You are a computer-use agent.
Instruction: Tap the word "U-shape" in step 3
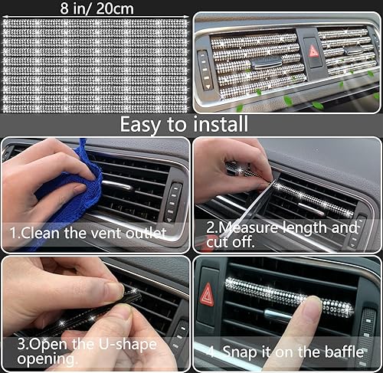pos(123,344)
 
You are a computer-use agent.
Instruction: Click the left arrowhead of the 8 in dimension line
pos(4,8)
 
